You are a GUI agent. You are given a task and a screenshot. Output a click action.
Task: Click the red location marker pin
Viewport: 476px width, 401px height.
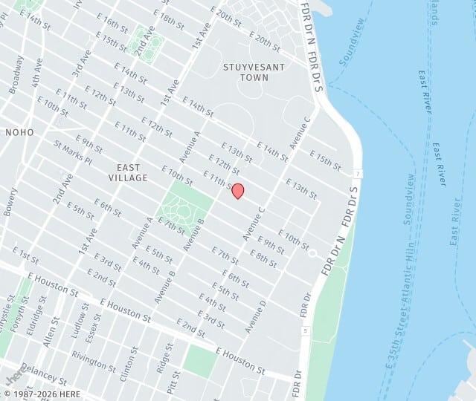click(x=238, y=191)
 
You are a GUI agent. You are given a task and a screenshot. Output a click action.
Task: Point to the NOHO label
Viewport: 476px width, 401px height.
click(x=19, y=131)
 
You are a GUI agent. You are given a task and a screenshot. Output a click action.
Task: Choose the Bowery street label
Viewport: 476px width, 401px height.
click(x=10, y=200)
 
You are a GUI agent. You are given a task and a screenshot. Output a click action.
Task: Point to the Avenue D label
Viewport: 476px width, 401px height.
click(x=256, y=317)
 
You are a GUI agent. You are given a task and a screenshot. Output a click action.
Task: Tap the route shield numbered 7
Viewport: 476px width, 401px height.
click(x=358, y=174)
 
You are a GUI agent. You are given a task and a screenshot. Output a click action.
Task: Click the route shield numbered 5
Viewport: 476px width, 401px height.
click(x=305, y=330)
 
